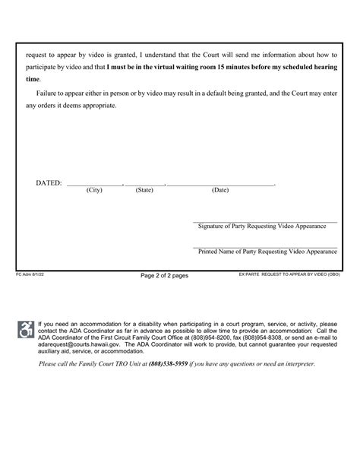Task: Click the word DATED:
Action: click(x=49, y=184)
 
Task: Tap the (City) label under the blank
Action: click(x=94, y=191)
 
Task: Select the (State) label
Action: click(x=144, y=191)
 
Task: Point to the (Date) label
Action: click(x=220, y=191)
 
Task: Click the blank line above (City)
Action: click(x=94, y=185)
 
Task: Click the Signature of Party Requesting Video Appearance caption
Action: click(x=265, y=227)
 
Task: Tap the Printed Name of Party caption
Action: click(x=265, y=251)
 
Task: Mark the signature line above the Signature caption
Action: click(x=265, y=221)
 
